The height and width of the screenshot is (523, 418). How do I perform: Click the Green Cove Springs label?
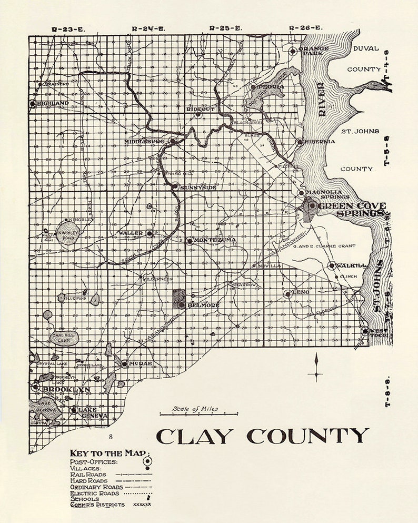[352, 209]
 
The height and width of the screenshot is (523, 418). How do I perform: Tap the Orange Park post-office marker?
[293, 51]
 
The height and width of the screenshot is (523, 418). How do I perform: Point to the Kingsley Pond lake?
[68, 235]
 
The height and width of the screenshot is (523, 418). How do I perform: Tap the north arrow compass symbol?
[315, 367]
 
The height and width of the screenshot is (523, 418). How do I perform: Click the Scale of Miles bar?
[198, 415]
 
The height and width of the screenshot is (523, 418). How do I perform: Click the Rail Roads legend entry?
[88, 474]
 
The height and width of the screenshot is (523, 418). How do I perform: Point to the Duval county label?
[365, 48]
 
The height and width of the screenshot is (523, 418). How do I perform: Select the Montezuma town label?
[214, 240]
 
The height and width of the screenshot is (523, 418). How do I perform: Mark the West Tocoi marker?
[365, 331]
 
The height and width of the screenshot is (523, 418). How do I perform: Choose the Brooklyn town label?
[66, 390]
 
